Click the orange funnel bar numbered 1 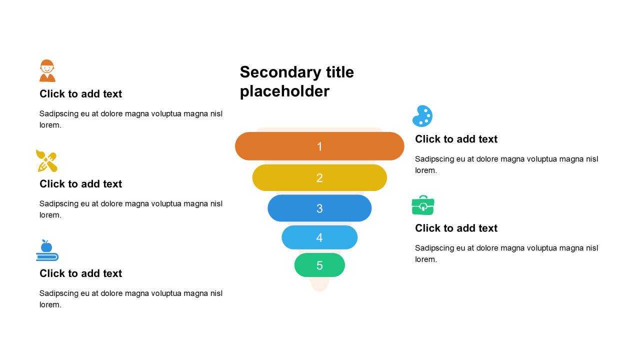pos(319,146)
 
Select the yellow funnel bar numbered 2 pos(319,177)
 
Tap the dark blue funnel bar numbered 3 pos(319,208)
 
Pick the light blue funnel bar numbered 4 pos(319,237)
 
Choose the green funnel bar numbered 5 pos(319,265)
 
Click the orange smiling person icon pos(47,71)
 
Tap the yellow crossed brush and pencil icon pos(46,161)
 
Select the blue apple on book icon pos(47,250)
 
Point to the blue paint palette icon pos(422,116)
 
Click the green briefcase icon pos(423,205)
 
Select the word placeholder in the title pos(284,91)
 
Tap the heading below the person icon pos(81,94)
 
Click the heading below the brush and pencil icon pos(81,184)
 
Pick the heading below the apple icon pos(81,273)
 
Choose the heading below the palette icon pos(456,139)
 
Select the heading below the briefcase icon pos(456,228)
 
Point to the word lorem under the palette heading pos(426,170)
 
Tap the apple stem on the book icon pos(45,241)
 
